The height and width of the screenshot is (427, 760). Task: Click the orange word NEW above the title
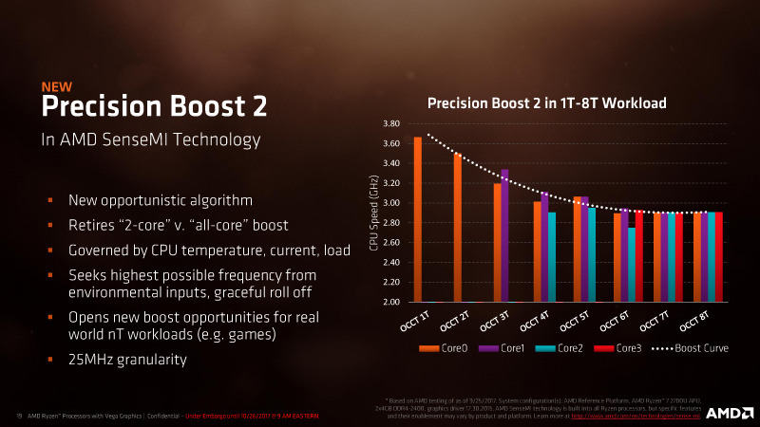pos(57,87)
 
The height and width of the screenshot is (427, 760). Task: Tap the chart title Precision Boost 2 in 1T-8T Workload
pos(546,102)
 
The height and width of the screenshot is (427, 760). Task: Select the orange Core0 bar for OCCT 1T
pos(417,219)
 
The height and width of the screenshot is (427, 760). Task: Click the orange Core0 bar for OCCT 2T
pos(457,228)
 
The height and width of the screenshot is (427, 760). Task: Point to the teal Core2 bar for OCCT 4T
pos(552,256)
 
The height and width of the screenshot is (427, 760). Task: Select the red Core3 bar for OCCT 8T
pos(719,256)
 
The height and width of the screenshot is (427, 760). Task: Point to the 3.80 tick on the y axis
pos(389,124)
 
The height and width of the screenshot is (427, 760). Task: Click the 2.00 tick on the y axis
pos(389,302)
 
